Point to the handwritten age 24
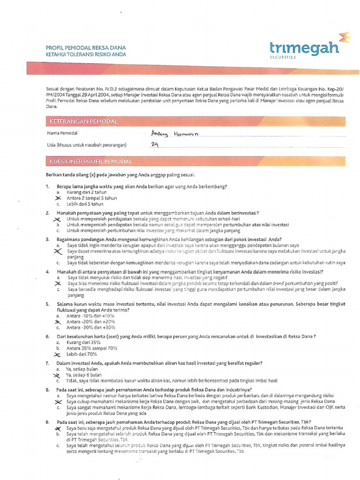coord(155,144)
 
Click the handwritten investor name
coord(174,134)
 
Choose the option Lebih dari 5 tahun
coord(85,204)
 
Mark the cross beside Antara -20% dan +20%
coord(58,322)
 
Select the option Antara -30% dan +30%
coord(90,328)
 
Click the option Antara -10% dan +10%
coord(90,316)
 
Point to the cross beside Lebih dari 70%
coord(58,354)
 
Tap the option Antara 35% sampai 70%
coord(91,348)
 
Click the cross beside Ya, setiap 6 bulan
coord(57,375)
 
